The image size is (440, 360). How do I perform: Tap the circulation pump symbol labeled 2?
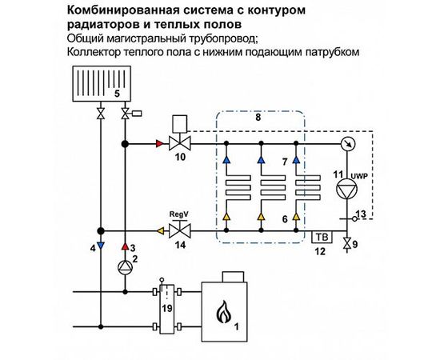click(125, 266)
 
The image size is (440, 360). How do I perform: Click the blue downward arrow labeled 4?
click(98, 242)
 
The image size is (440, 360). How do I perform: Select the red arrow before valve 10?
click(157, 145)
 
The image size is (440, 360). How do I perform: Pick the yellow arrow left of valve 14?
click(160, 230)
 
